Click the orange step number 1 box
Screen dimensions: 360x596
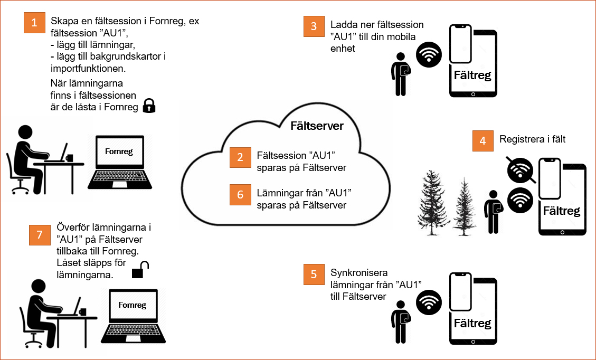(34, 23)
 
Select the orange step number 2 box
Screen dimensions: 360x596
(240, 157)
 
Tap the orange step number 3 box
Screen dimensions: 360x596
(314, 26)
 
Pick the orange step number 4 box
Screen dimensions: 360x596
(483, 141)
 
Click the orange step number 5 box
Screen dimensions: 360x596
(314, 274)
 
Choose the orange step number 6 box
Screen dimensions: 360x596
(240, 194)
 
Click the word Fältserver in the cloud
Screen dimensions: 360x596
(317, 126)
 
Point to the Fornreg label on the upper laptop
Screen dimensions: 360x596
(119, 152)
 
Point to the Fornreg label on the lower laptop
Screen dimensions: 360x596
(133, 305)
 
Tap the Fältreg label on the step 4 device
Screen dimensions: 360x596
(562, 211)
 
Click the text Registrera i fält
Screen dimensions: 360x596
(532, 139)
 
